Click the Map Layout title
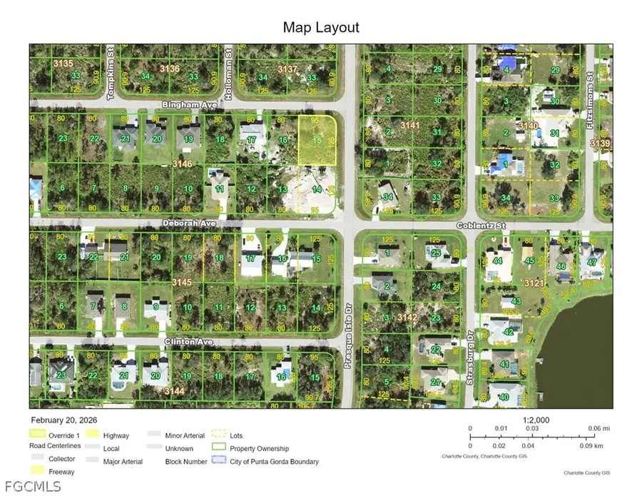pos(321,28)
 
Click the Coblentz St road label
pos(481,226)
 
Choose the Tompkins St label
pos(111,64)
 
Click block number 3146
pos(183,164)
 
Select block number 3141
pos(410,126)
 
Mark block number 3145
pos(183,283)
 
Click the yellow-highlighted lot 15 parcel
pos(317,141)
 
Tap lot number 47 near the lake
pos(591,263)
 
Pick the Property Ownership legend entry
pos(258,448)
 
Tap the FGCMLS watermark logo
pos(31,487)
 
